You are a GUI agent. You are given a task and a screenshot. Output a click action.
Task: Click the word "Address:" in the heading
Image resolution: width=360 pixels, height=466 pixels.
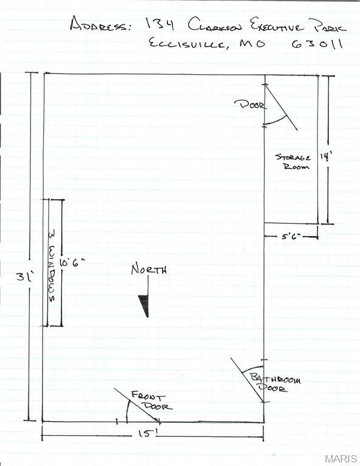point(100,24)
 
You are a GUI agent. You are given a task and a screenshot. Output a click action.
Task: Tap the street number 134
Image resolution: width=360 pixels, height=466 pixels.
point(160,24)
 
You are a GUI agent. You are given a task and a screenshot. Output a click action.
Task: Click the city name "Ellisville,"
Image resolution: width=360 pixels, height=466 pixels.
point(188,44)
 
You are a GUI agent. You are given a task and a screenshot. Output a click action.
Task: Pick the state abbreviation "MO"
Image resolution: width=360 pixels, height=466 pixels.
point(253,44)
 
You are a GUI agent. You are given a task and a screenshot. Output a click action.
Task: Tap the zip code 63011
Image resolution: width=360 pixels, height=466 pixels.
point(317,44)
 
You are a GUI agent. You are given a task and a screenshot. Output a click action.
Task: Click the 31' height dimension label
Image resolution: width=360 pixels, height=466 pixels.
point(25,277)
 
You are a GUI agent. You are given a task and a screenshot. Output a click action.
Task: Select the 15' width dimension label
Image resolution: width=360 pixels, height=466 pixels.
point(146,433)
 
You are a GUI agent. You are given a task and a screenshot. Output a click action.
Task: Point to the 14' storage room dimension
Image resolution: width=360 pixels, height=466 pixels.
point(326,157)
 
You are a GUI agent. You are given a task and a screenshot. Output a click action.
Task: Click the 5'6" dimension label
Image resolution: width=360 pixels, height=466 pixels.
point(291,237)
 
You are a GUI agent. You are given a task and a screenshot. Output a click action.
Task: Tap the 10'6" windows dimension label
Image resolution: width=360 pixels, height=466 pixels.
point(72,262)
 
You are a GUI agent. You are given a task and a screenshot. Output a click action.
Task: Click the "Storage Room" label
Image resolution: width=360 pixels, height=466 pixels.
point(293,161)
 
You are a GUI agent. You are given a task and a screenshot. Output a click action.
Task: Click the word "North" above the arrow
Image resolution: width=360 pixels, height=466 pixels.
point(149,269)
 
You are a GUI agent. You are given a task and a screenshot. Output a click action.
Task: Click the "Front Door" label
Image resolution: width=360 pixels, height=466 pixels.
point(152,401)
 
